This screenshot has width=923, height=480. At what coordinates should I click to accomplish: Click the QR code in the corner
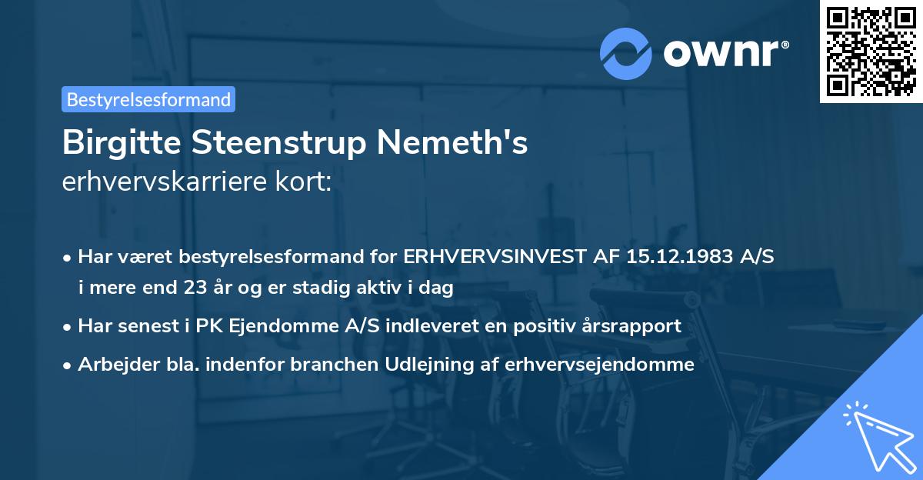tap(871, 52)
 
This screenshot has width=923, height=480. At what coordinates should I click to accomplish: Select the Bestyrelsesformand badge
tap(148, 99)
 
